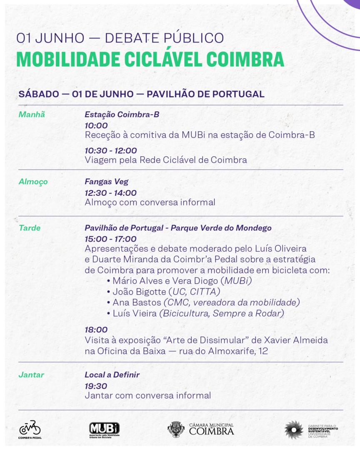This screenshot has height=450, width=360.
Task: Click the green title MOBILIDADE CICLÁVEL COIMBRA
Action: pos(150,59)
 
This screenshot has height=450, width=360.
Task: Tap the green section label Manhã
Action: pos(32,115)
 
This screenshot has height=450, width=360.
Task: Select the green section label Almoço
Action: pos(33,182)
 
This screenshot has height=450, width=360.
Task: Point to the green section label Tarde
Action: pos(30,228)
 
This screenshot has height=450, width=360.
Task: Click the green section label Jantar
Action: pos(31,375)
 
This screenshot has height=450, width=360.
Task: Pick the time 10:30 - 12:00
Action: pos(111,150)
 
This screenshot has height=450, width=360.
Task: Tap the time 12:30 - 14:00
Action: pos(111,192)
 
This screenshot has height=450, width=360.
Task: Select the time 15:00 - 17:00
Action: pos(111,239)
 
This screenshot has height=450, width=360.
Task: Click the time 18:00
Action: pos(96,330)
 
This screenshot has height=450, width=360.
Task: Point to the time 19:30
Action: pos(96,386)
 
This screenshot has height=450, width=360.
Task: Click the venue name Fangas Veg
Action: pos(107,182)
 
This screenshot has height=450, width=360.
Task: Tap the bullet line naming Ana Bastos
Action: pos(203,302)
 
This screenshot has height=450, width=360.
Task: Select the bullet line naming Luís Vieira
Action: pos(195,313)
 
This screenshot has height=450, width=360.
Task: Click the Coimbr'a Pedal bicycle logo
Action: pos(30,429)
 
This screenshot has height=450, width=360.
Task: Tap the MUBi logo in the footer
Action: pos(104,429)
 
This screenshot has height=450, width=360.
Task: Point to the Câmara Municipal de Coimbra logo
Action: pos(201,429)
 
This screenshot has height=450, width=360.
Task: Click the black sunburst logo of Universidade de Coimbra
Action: pos(294,429)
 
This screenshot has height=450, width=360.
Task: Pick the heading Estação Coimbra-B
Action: pos(122,115)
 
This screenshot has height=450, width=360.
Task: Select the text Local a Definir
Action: pos(112,375)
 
